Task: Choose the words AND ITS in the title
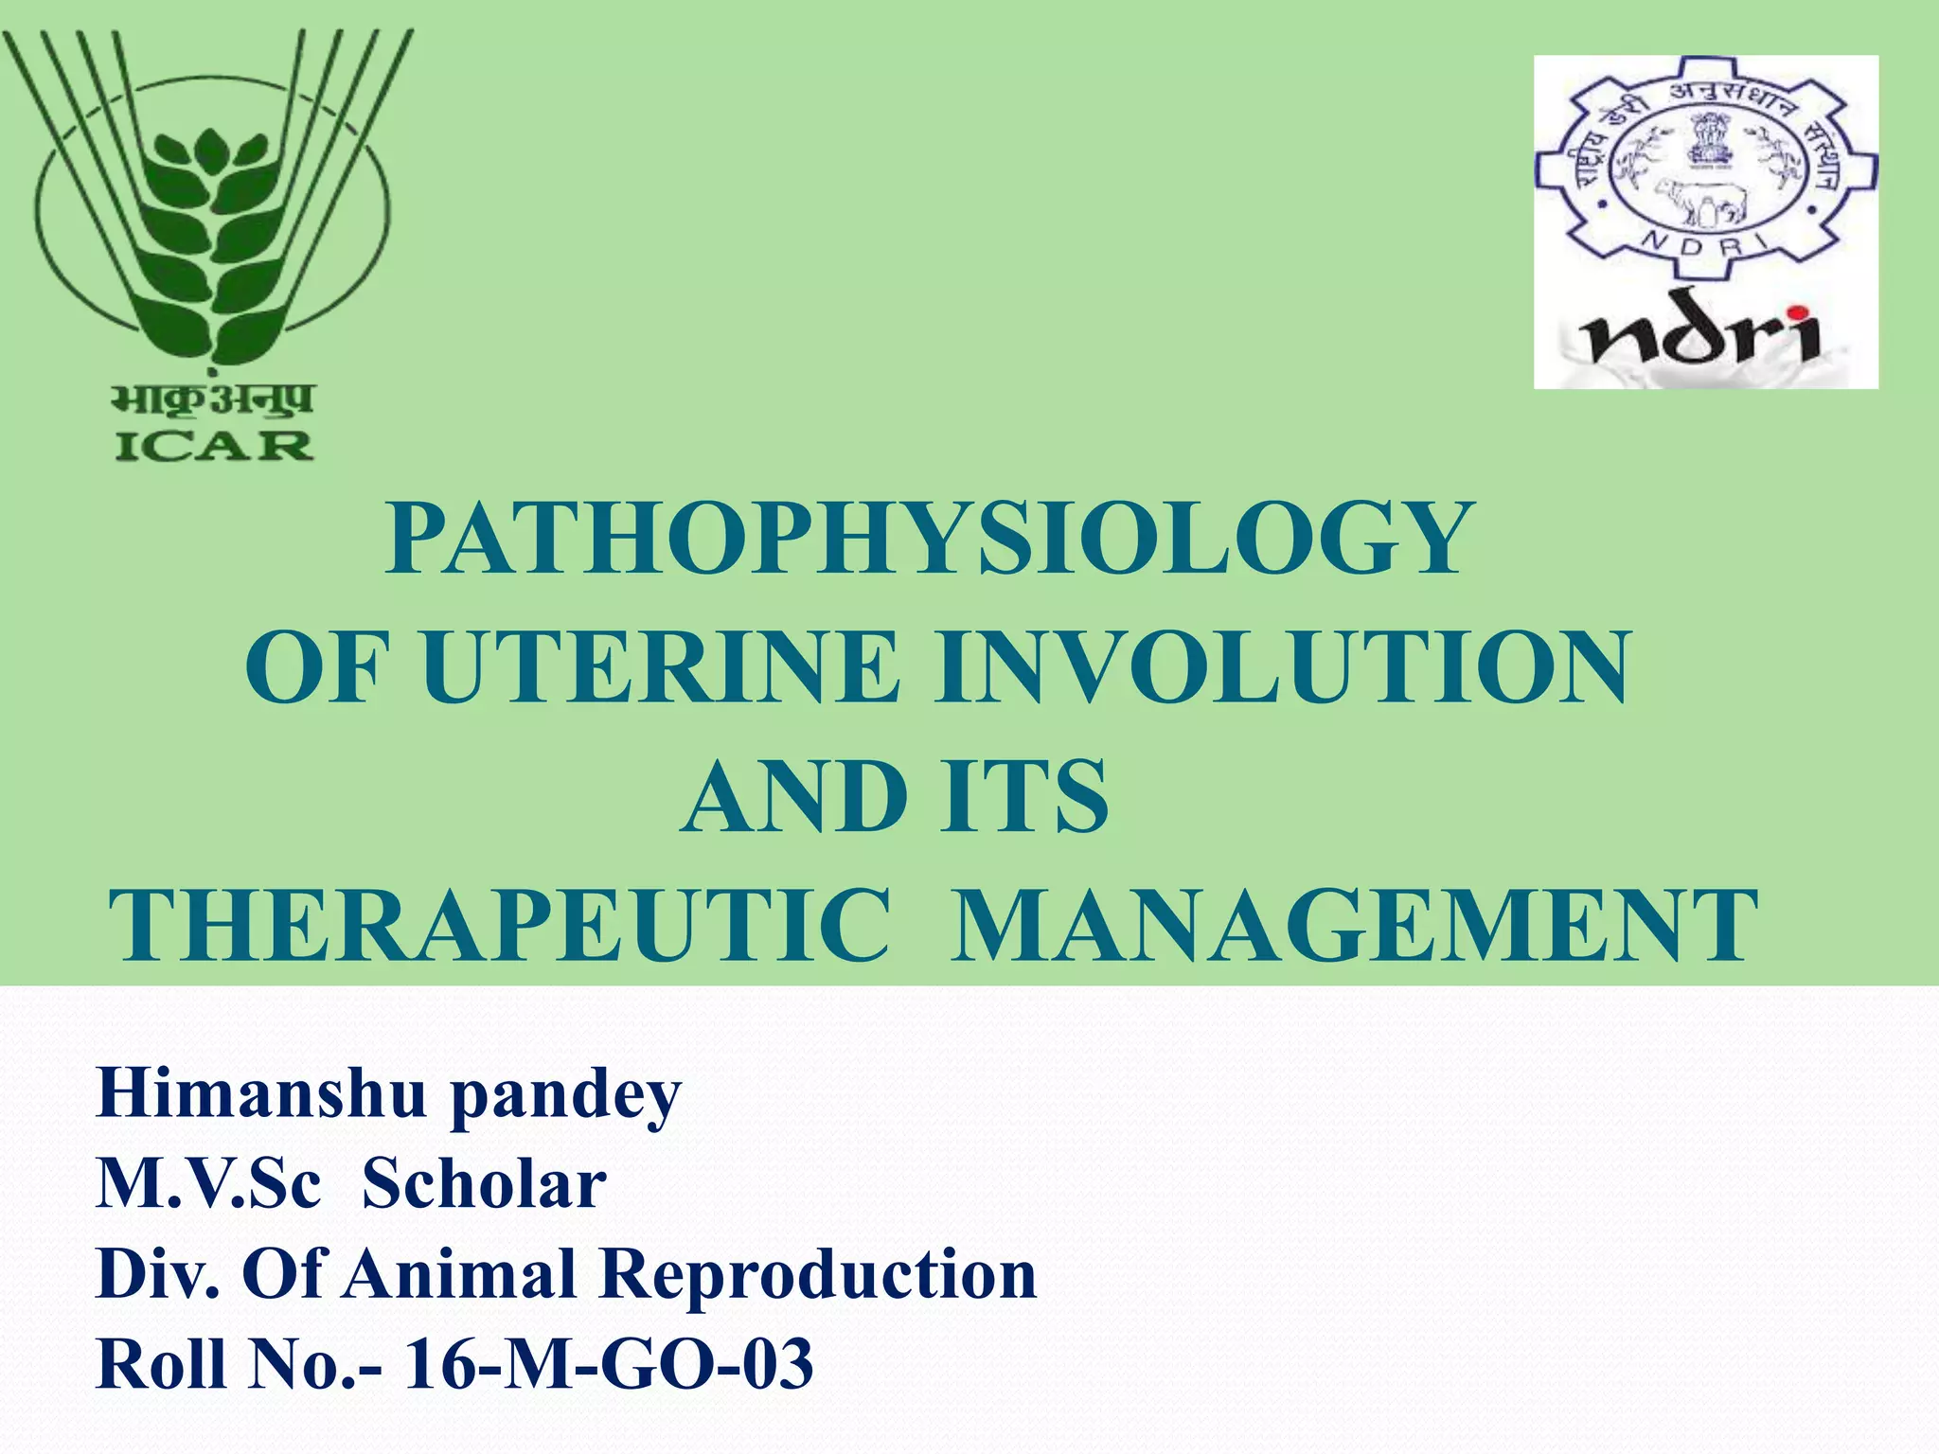tap(895, 797)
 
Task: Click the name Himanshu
tap(261, 1094)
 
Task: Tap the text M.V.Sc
tap(208, 1184)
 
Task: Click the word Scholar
tap(484, 1184)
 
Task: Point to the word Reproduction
tap(819, 1274)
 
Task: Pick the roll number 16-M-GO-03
tap(609, 1364)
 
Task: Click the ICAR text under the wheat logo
tap(213, 446)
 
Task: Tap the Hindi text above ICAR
tap(213, 400)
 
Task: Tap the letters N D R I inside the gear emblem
tap(1704, 245)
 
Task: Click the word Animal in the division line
tap(459, 1274)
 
